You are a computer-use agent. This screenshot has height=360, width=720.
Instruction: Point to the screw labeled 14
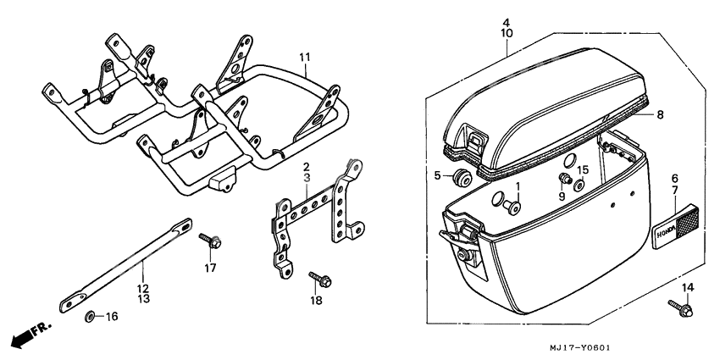(x=679, y=306)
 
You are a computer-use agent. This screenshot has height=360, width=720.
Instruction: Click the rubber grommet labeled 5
(x=462, y=177)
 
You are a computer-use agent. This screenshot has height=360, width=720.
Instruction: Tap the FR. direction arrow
(x=30, y=334)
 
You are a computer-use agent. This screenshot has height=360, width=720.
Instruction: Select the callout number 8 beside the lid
(x=660, y=113)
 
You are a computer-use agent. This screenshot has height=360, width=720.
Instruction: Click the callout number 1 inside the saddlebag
(x=516, y=185)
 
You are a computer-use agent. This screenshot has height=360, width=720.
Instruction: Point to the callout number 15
(x=583, y=170)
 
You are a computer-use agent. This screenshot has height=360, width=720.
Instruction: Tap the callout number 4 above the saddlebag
(x=506, y=21)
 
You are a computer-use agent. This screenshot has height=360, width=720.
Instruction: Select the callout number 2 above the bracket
(x=307, y=168)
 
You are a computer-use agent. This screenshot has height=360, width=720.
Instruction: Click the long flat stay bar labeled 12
(x=127, y=263)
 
